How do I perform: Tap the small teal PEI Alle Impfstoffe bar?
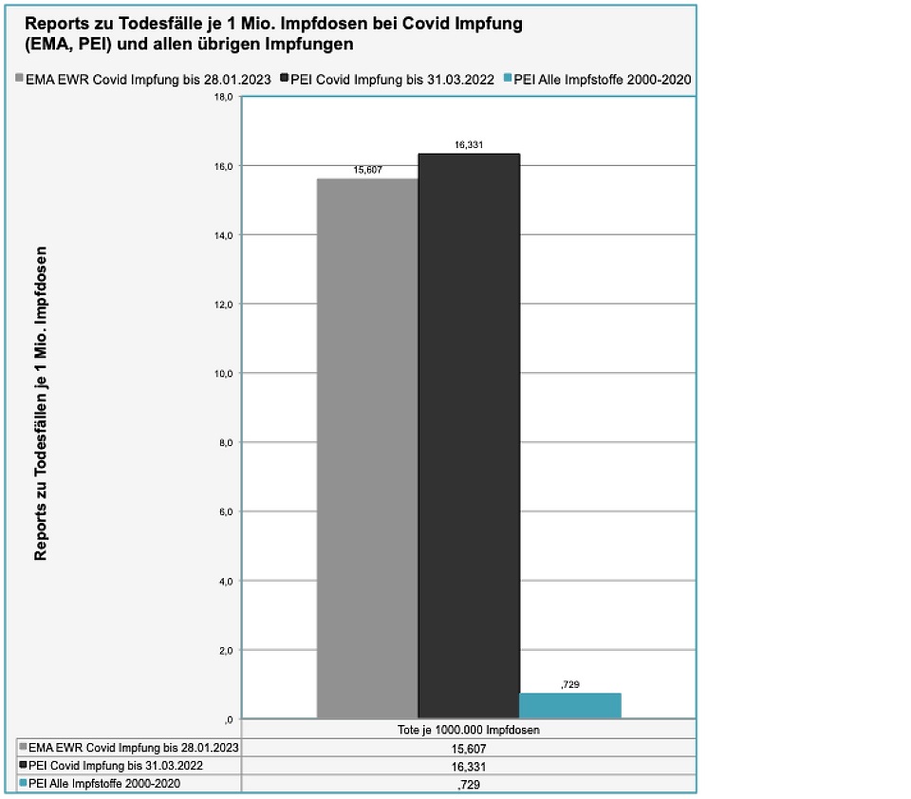[569, 705]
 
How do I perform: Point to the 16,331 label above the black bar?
[469, 146]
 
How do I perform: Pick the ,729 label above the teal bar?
[570, 684]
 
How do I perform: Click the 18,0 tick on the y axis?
[225, 97]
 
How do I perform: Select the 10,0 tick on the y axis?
[225, 374]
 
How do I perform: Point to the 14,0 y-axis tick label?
[225, 235]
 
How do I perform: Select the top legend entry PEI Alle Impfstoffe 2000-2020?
[602, 80]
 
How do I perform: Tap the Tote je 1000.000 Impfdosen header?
[469, 731]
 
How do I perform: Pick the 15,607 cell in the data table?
[469, 749]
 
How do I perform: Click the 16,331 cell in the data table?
[469, 766]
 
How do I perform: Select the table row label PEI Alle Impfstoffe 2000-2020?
[104, 783]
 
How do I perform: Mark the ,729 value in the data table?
[469, 784]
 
